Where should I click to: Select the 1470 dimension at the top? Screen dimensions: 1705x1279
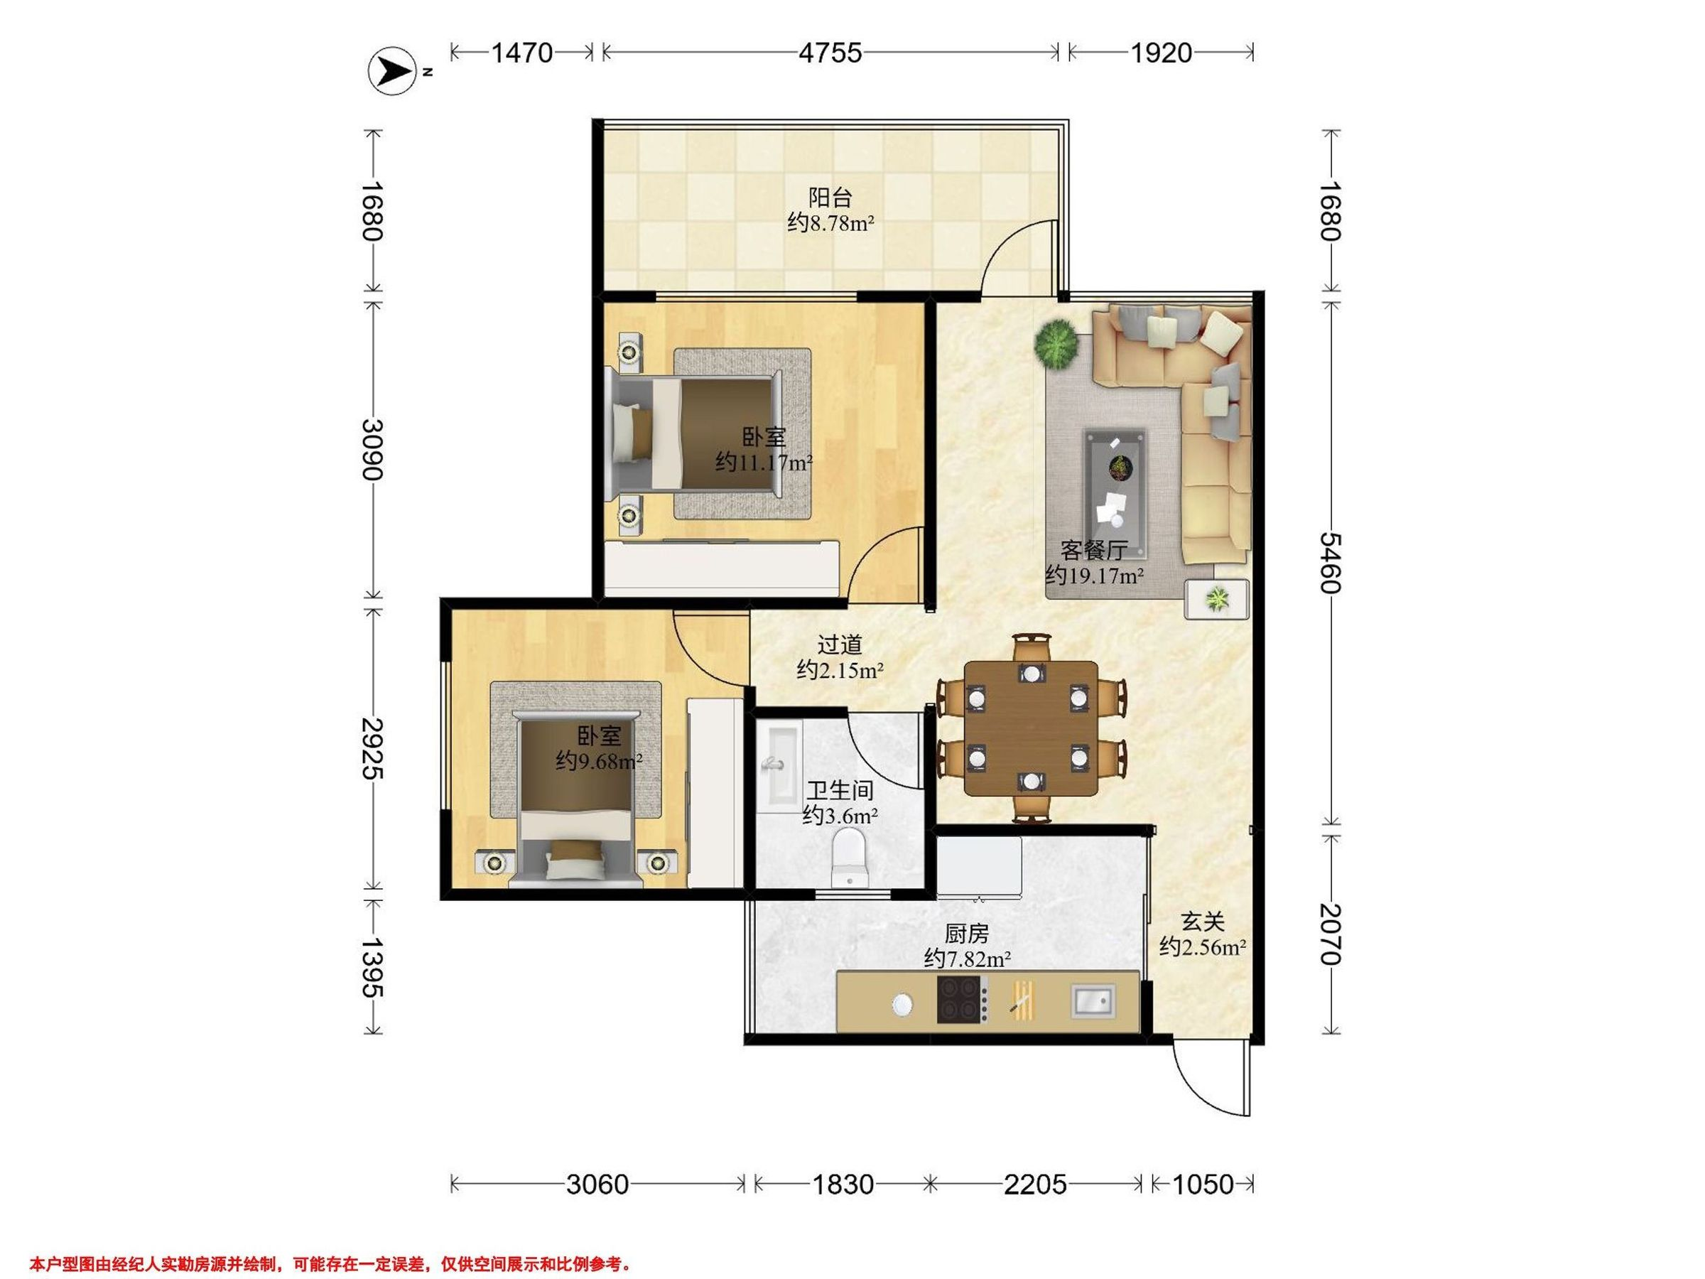coord(522,53)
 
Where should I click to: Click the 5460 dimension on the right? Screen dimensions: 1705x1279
coord(1331,563)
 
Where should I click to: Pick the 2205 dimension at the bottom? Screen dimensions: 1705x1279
coord(1035,1184)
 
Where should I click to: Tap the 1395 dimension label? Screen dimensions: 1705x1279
coord(373,968)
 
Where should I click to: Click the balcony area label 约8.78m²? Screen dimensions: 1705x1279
coord(831,224)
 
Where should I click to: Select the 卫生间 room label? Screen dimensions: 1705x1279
coord(840,790)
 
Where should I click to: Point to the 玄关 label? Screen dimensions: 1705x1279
coord(1203,922)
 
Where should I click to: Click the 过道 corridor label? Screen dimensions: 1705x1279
coord(840,644)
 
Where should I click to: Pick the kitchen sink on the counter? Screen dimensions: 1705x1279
coord(1094,1000)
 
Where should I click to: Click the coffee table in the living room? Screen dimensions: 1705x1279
coord(1115,494)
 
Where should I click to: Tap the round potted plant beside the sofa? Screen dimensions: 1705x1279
coord(1056,343)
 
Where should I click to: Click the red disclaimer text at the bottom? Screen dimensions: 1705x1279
coord(330,1243)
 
